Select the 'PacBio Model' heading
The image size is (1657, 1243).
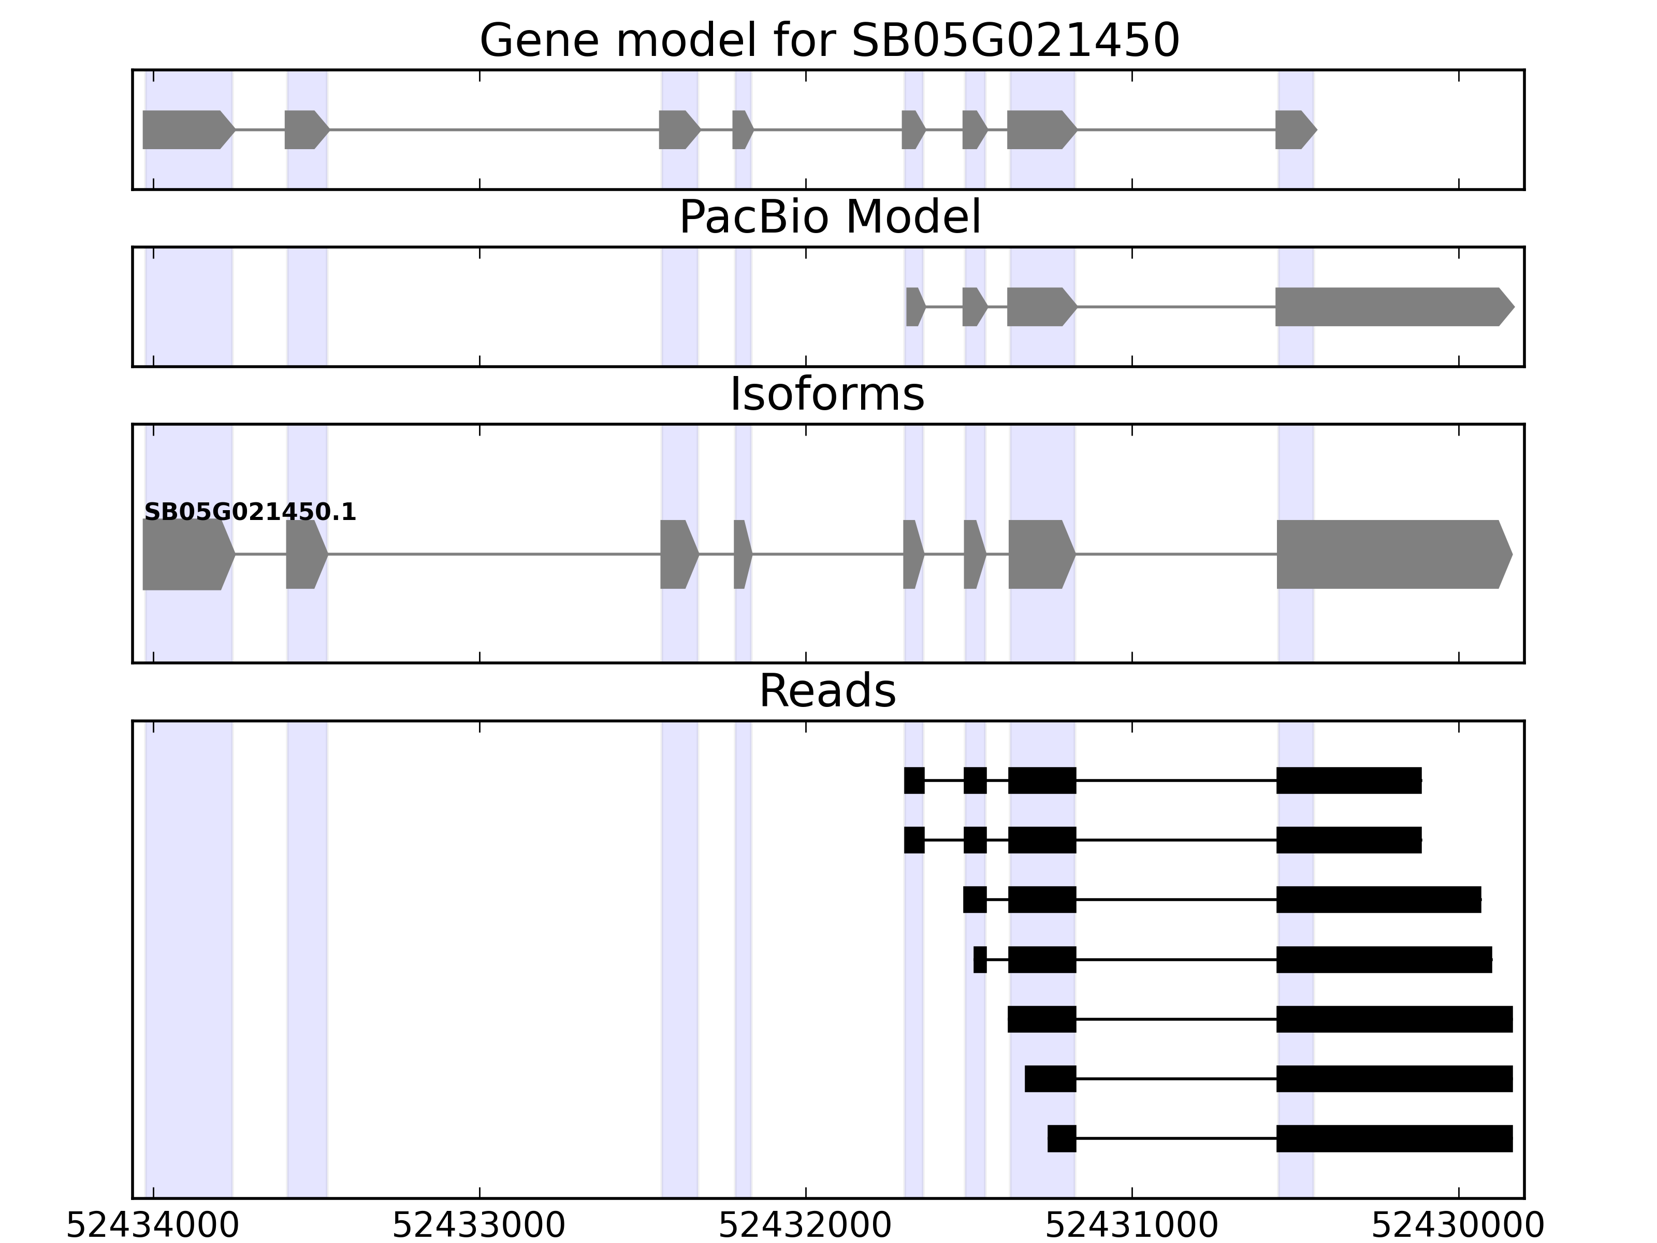click(829, 218)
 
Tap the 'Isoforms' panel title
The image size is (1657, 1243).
click(827, 395)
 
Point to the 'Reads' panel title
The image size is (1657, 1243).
click(827, 691)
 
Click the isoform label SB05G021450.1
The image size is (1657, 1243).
click(250, 513)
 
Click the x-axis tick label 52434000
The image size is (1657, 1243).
click(152, 1226)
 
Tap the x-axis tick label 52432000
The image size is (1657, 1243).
click(805, 1226)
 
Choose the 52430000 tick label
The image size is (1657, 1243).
click(1458, 1226)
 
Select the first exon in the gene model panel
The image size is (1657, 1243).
click(187, 129)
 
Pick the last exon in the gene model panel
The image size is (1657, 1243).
click(1293, 129)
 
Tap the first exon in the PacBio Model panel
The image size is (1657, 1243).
click(914, 307)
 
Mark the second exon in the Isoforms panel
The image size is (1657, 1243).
click(305, 555)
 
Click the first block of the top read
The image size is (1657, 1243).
click(914, 781)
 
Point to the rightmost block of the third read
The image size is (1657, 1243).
click(1378, 900)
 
